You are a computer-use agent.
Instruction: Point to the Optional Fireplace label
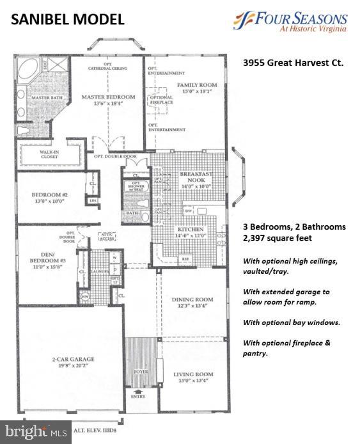point(160,101)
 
